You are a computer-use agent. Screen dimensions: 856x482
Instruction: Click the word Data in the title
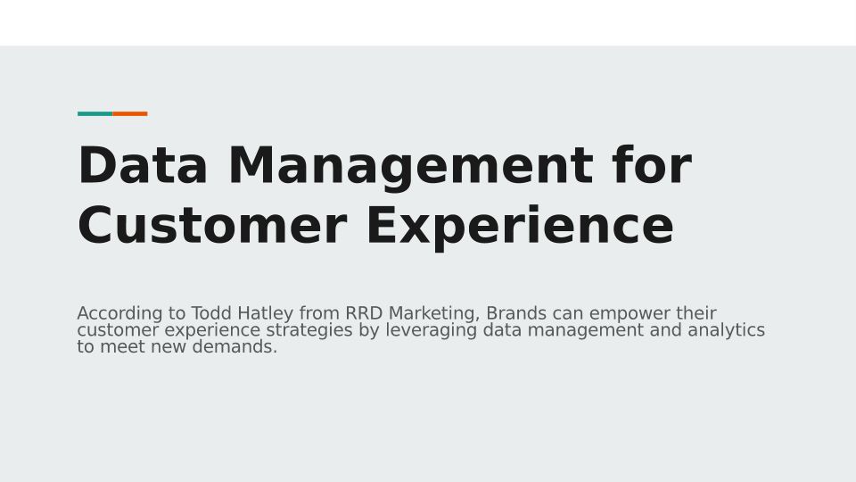(x=143, y=165)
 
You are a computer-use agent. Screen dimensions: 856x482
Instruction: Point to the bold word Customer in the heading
(x=212, y=225)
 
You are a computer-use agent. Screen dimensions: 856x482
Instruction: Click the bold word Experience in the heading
(x=520, y=228)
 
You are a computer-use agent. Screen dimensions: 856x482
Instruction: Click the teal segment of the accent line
(x=95, y=113)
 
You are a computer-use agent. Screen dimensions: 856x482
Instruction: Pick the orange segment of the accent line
(x=130, y=113)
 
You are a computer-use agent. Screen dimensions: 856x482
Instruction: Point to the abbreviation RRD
(x=364, y=313)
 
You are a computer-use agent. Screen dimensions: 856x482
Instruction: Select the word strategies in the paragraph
(x=309, y=331)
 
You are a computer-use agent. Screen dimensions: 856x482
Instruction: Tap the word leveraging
(x=432, y=331)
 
